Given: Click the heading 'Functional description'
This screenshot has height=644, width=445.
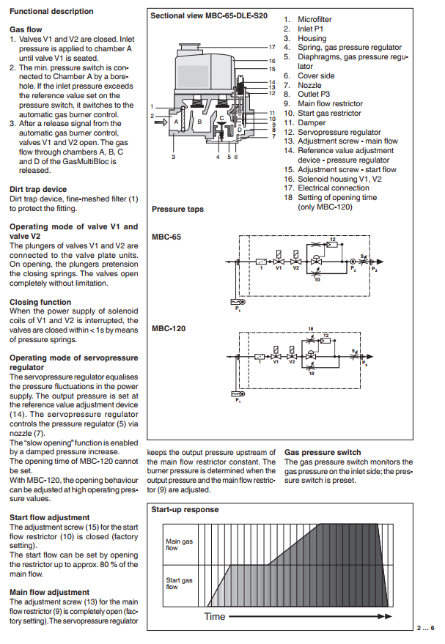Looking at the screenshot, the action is pyautogui.click(x=51, y=12).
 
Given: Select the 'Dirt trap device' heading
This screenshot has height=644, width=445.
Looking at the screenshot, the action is pyautogui.click(x=38, y=189).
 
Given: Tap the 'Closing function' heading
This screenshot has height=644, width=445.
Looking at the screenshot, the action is pyautogui.click(x=40, y=302).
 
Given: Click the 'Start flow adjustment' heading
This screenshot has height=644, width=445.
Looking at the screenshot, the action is pyautogui.click(x=49, y=517).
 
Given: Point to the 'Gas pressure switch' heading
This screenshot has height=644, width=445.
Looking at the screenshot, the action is pyautogui.click(x=323, y=452).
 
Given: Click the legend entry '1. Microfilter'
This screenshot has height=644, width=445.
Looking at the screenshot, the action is pyautogui.click(x=308, y=19).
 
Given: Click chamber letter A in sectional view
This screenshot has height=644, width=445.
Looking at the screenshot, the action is pyautogui.click(x=176, y=122).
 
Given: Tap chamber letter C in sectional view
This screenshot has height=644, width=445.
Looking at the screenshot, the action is pyautogui.click(x=222, y=118).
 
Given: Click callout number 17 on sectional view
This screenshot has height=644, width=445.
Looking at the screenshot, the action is pyautogui.click(x=272, y=47).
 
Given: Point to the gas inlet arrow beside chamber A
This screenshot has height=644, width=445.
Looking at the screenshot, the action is pyautogui.click(x=161, y=122).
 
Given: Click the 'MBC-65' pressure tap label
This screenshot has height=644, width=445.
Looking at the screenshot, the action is pyautogui.click(x=166, y=237).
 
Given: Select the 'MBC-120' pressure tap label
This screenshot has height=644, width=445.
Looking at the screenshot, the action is pyautogui.click(x=169, y=328).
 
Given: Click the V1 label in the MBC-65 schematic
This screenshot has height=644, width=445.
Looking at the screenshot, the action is pyautogui.click(x=279, y=268).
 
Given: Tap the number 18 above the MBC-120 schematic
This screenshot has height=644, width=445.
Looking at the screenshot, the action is pyautogui.click(x=311, y=328).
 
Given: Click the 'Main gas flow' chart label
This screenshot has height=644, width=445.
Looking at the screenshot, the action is pyautogui.click(x=179, y=544).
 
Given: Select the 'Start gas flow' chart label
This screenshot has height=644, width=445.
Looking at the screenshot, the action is pyautogui.click(x=179, y=584).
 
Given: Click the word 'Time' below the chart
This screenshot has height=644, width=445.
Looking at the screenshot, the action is pyautogui.click(x=215, y=616).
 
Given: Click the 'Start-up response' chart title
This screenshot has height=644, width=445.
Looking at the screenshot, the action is pyautogui.click(x=185, y=510).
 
